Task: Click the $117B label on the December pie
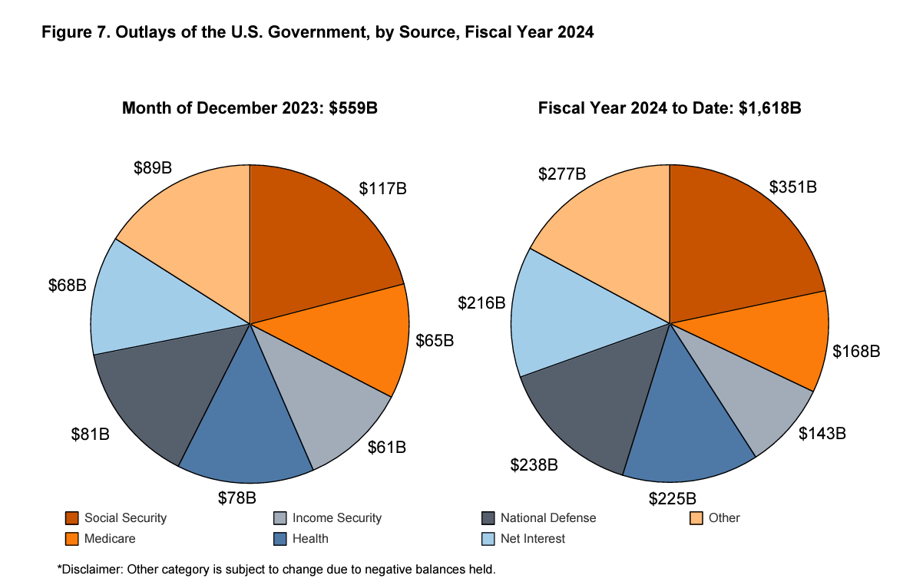pos(382,188)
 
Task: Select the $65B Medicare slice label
pos(435,340)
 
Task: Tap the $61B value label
pos(386,447)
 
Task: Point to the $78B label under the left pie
pos(237,497)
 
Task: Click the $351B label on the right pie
pos(793,187)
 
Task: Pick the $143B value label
pos(822,433)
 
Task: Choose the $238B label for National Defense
pos(534,464)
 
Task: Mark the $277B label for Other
pos(562,174)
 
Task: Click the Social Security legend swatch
pos(72,518)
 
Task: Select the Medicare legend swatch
pos(72,539)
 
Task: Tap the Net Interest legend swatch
pos(488,539)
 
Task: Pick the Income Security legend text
pos(337,518)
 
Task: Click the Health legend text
pos(310,539)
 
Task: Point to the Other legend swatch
pos(696,518)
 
